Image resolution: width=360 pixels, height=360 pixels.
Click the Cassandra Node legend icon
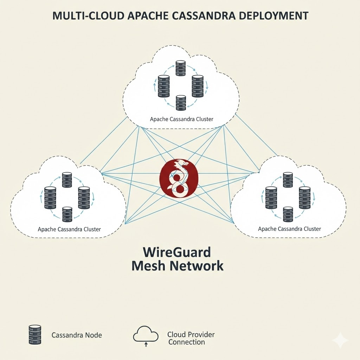pos(34,335)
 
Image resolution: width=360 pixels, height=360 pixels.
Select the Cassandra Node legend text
pos(77,335)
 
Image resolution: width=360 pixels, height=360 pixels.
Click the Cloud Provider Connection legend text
pos(191,338)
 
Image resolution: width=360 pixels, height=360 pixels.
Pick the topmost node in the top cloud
pos(180,68)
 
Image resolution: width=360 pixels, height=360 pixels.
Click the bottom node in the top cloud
pos(180,101)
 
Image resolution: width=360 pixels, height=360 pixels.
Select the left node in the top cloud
pos(164,86)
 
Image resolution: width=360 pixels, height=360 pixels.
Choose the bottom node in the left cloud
pos(67,214)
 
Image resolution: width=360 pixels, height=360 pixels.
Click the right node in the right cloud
pos(304,197)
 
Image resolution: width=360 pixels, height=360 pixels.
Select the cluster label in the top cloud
pos(181,119)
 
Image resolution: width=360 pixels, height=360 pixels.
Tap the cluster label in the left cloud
pos(69,229)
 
